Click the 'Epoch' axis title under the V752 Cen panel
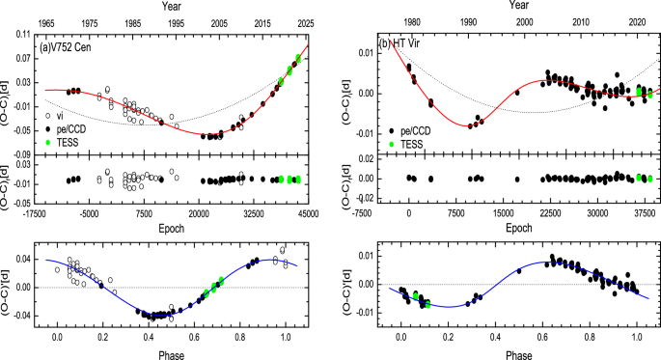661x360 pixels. point(173,230)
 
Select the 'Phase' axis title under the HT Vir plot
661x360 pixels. point(519,353)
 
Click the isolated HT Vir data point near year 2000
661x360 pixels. point(517,93)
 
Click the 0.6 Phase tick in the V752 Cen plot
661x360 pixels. point(195,340)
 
